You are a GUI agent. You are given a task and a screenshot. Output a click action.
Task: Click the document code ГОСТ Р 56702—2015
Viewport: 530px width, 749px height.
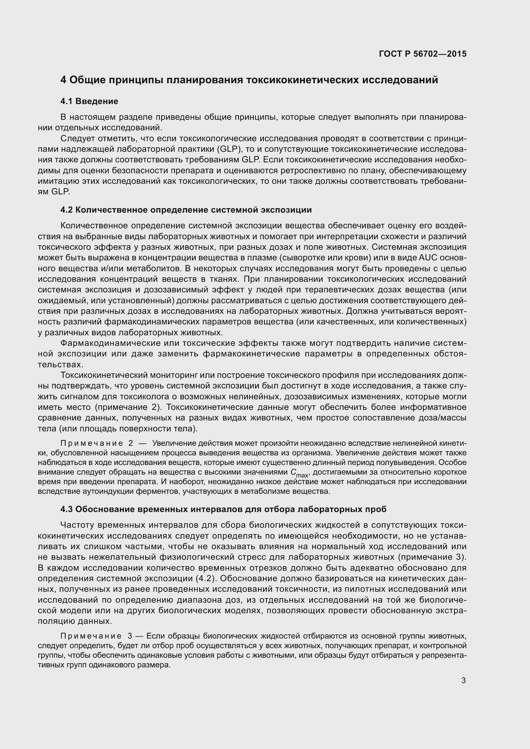[x=423, y=54]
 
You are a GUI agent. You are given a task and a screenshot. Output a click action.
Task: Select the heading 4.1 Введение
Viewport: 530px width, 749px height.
[x=89, y=101]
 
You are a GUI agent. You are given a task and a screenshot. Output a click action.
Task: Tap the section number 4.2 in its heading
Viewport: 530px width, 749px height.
[x=67, y=210]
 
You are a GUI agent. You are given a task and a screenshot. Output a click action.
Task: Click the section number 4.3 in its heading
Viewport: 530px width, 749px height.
[x=67, y=509]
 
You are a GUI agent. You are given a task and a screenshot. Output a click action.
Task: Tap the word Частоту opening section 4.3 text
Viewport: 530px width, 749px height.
[x=77, y=525]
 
